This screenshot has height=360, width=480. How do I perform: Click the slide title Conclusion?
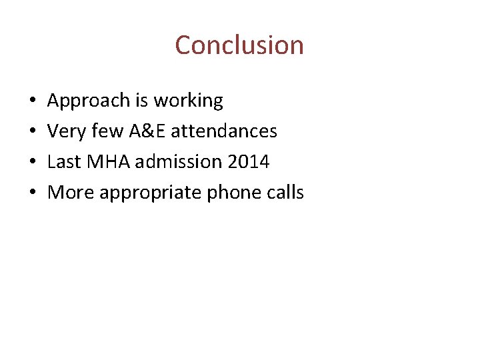[239, 45]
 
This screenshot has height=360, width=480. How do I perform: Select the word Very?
[63, 131]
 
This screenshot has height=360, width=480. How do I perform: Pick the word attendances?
[223, 131]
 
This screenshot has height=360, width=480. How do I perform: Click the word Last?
[62, 162]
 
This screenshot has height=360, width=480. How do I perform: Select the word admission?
[169, 162]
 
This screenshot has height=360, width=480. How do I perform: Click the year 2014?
[248, 162]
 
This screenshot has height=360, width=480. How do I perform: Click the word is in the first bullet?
[141, 101]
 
